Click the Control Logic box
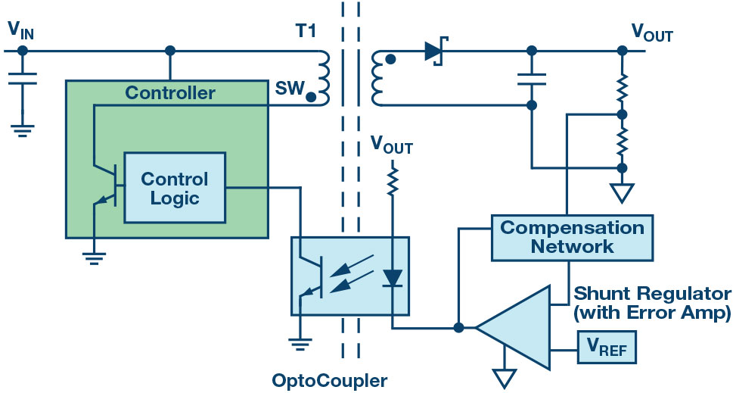(175, 187)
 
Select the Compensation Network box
(572, 236)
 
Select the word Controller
(170, 94)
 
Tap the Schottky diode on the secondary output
(435, 51)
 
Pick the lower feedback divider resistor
(623, 140)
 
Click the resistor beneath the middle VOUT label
(392, 182)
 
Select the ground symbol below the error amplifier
(504, 376)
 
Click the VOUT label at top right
(651, 33)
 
